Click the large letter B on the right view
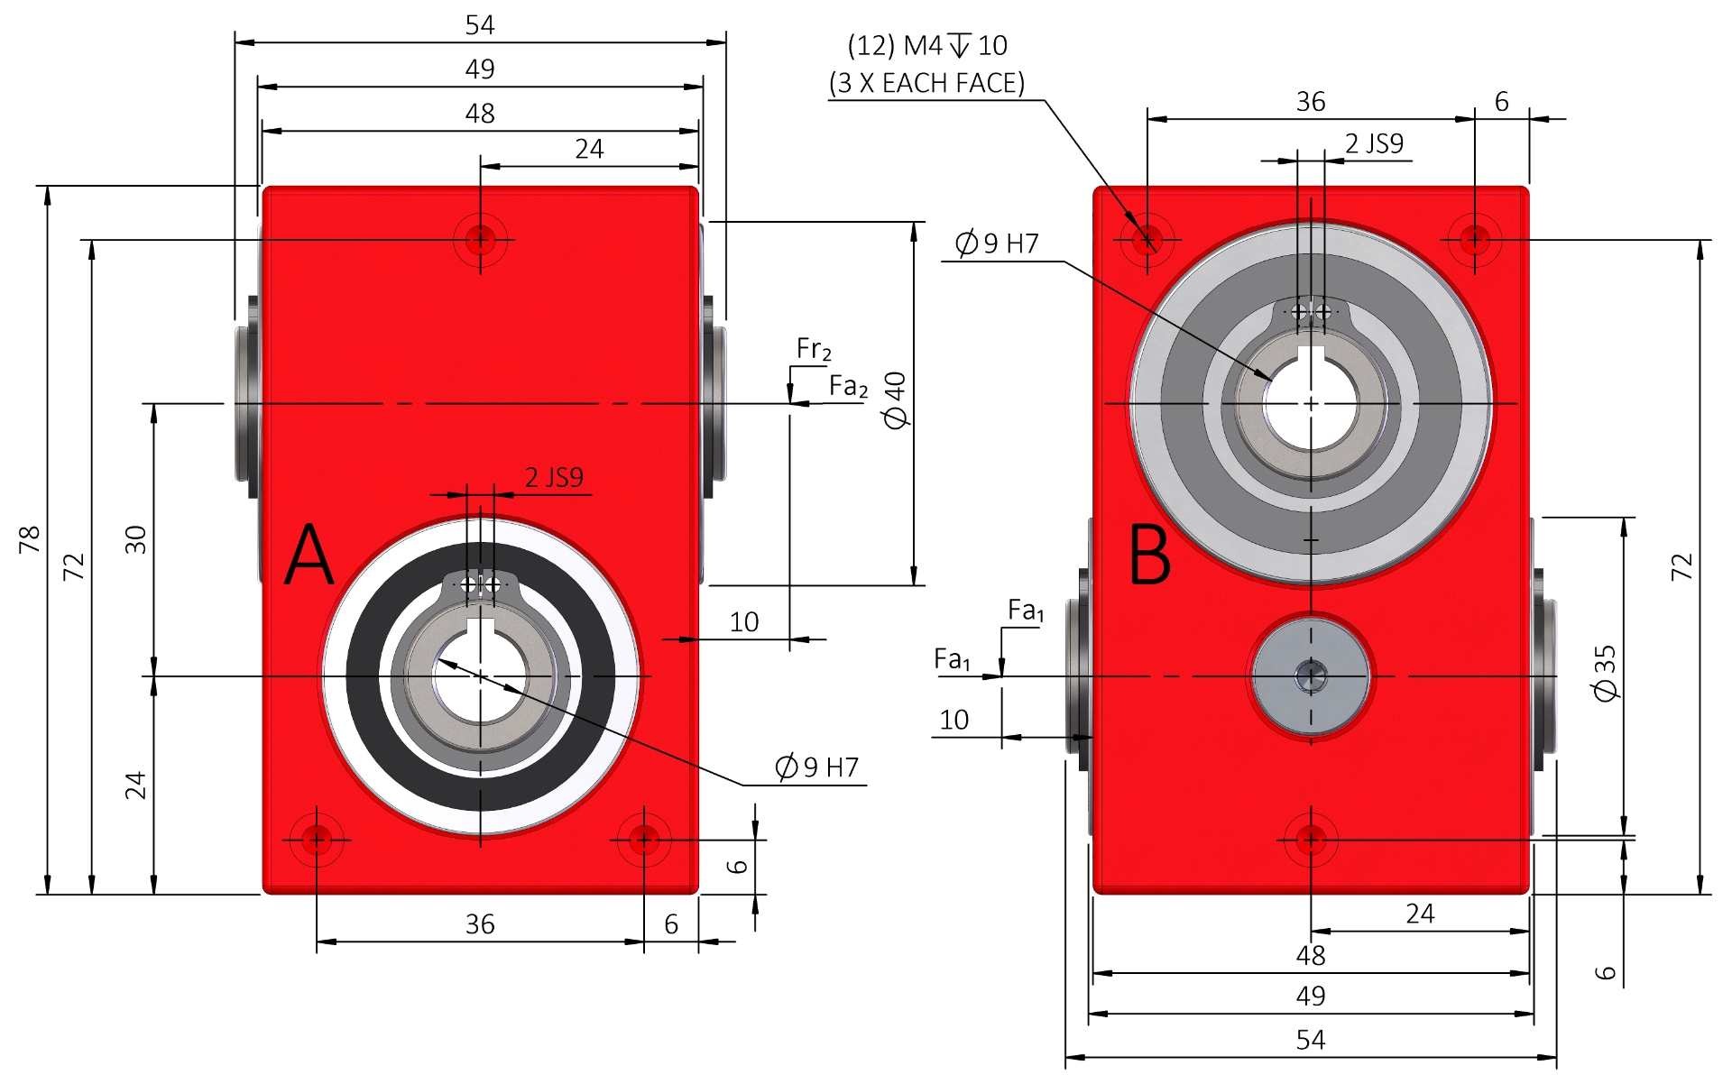click(x=1150, y=556)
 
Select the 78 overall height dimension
click(x=30, y=539)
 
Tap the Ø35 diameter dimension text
click(x=1606, y=673)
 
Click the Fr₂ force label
click(x=813, y=349)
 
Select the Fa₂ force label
click(x=848, y=386)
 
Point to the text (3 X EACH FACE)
click(x=926, y=83)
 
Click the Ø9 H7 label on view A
click(x=817, y=767)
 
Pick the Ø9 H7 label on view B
click(x=997, y=243)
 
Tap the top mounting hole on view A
click(x=480, y=240)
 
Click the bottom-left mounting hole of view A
click(x=317, y=841)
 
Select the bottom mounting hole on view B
click(x=1311, y=841)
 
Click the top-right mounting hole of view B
click(x=1474, y=240)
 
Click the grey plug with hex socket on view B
click(x=1311, y=676)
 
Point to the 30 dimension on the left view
click(x=135, y=539)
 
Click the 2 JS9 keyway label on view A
click(x=554, y=477)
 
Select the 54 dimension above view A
click(x=480, y=25)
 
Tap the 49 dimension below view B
click(x=1311, y=997)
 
